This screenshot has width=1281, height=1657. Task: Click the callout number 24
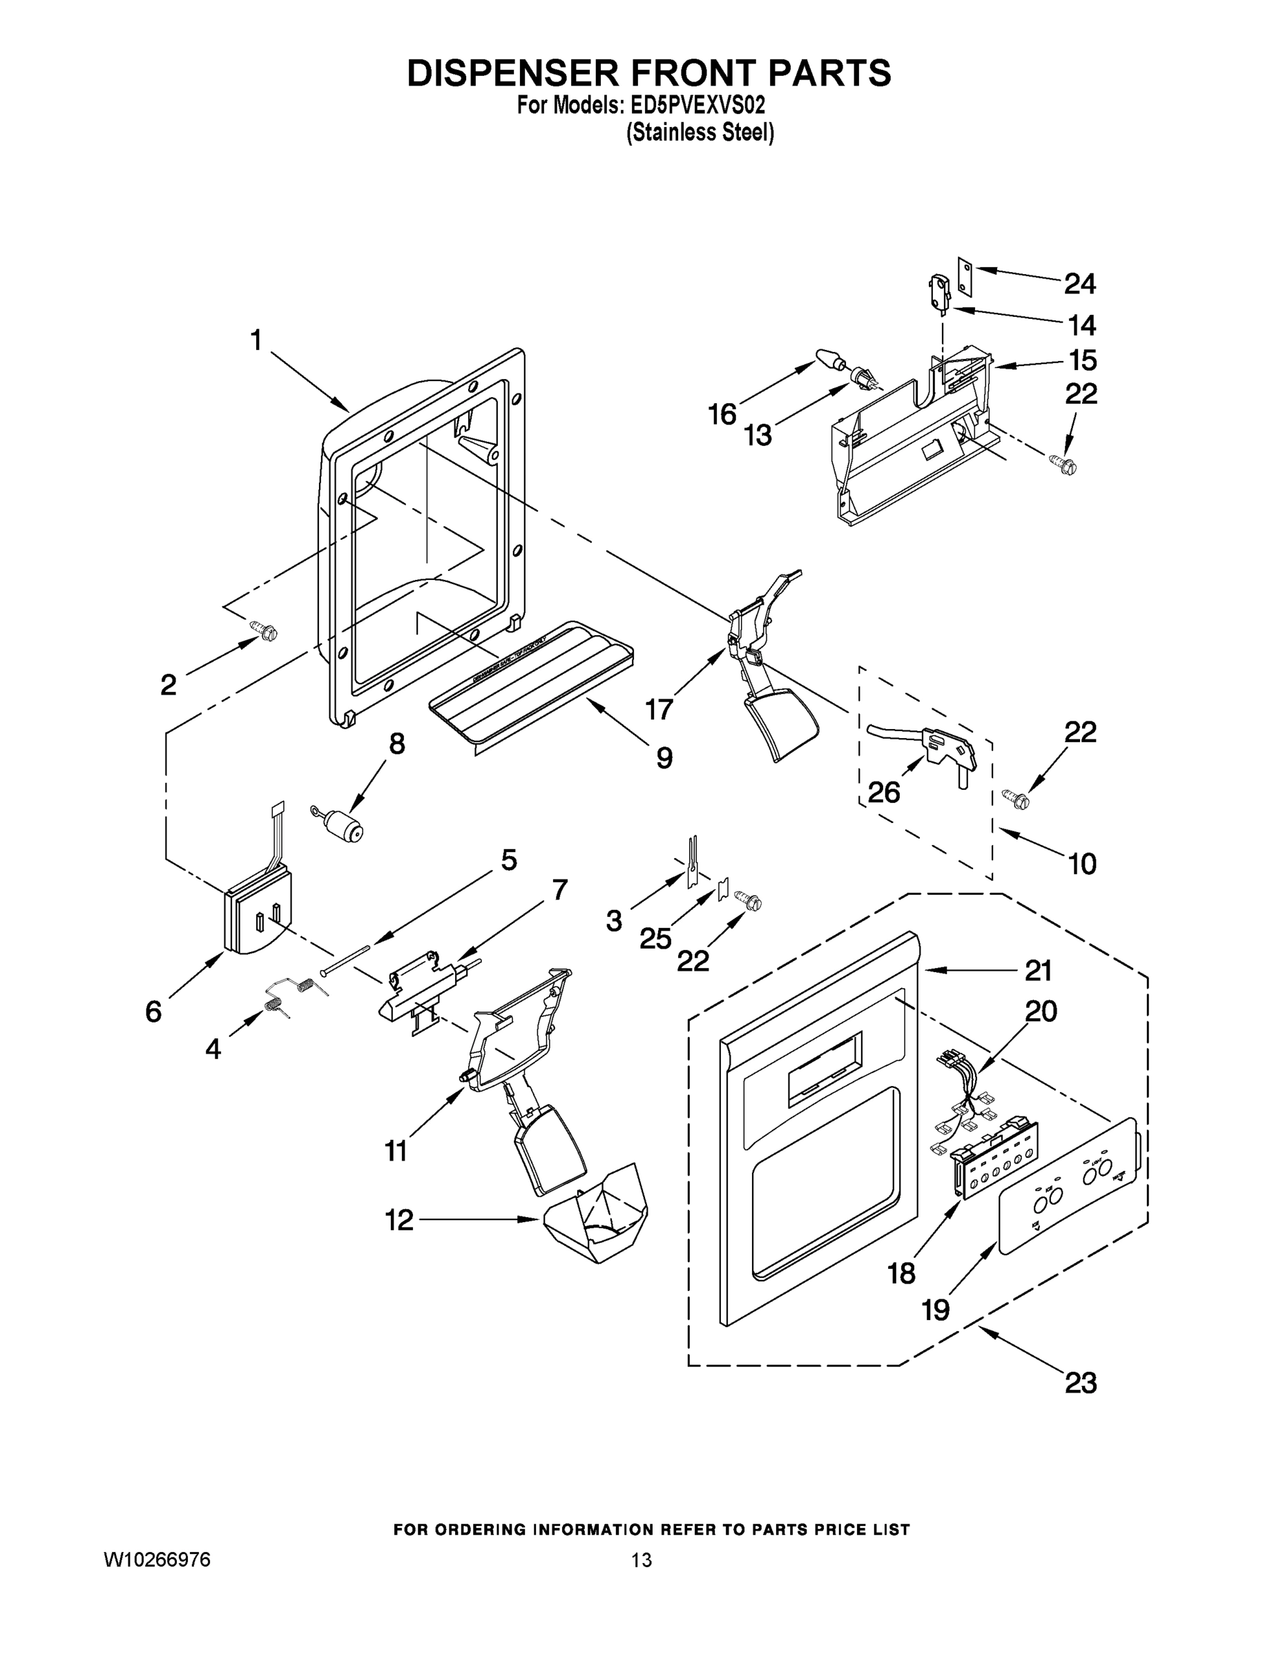[1079, 284]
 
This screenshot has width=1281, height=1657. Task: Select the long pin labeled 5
[345, 958]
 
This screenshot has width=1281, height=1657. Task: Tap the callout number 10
[1081, 864]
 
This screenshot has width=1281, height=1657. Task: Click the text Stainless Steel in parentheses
[700, 133]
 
